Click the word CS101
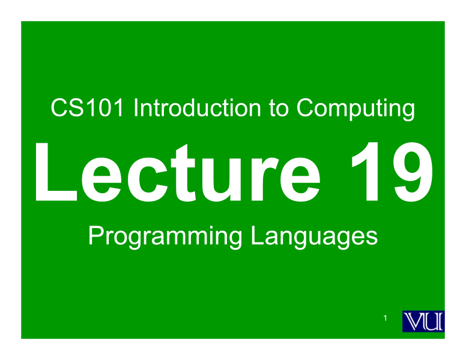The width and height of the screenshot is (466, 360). coord(88,109)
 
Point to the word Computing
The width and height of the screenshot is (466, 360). coord(355,110)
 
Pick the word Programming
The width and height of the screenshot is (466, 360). coord(165,237)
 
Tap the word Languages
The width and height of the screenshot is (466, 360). coord(314,237)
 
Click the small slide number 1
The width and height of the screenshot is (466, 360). coord(385,317)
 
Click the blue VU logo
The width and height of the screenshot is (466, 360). coord(423,322)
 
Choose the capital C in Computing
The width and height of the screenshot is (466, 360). coord(304,109)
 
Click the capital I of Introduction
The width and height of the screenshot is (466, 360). coord(136,109)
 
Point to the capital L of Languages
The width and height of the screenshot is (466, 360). coord(256,236)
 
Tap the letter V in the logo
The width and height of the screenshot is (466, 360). coord(414,322)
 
